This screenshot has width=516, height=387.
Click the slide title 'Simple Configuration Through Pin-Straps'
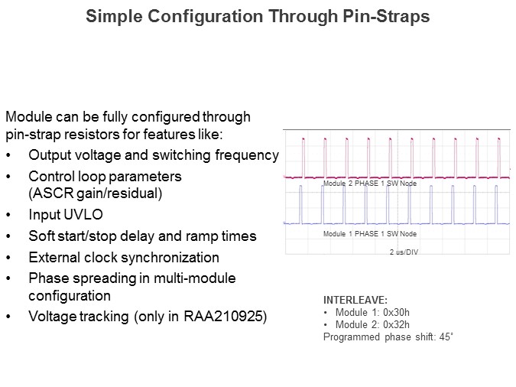point(257,16)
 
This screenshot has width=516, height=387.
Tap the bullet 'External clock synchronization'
point(124,257)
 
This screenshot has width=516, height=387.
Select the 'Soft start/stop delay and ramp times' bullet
point(142,236)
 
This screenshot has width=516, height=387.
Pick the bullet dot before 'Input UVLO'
point(8,216)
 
